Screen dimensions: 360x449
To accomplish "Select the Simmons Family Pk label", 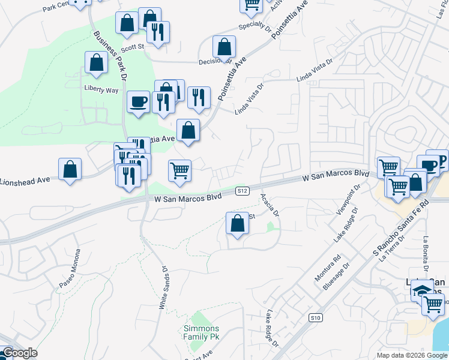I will pos(202,332).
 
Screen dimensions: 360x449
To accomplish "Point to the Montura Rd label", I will pos(328,269).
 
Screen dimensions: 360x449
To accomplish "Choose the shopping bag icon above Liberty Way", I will pos(96,62).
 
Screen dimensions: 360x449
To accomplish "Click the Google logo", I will pos(19,353).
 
